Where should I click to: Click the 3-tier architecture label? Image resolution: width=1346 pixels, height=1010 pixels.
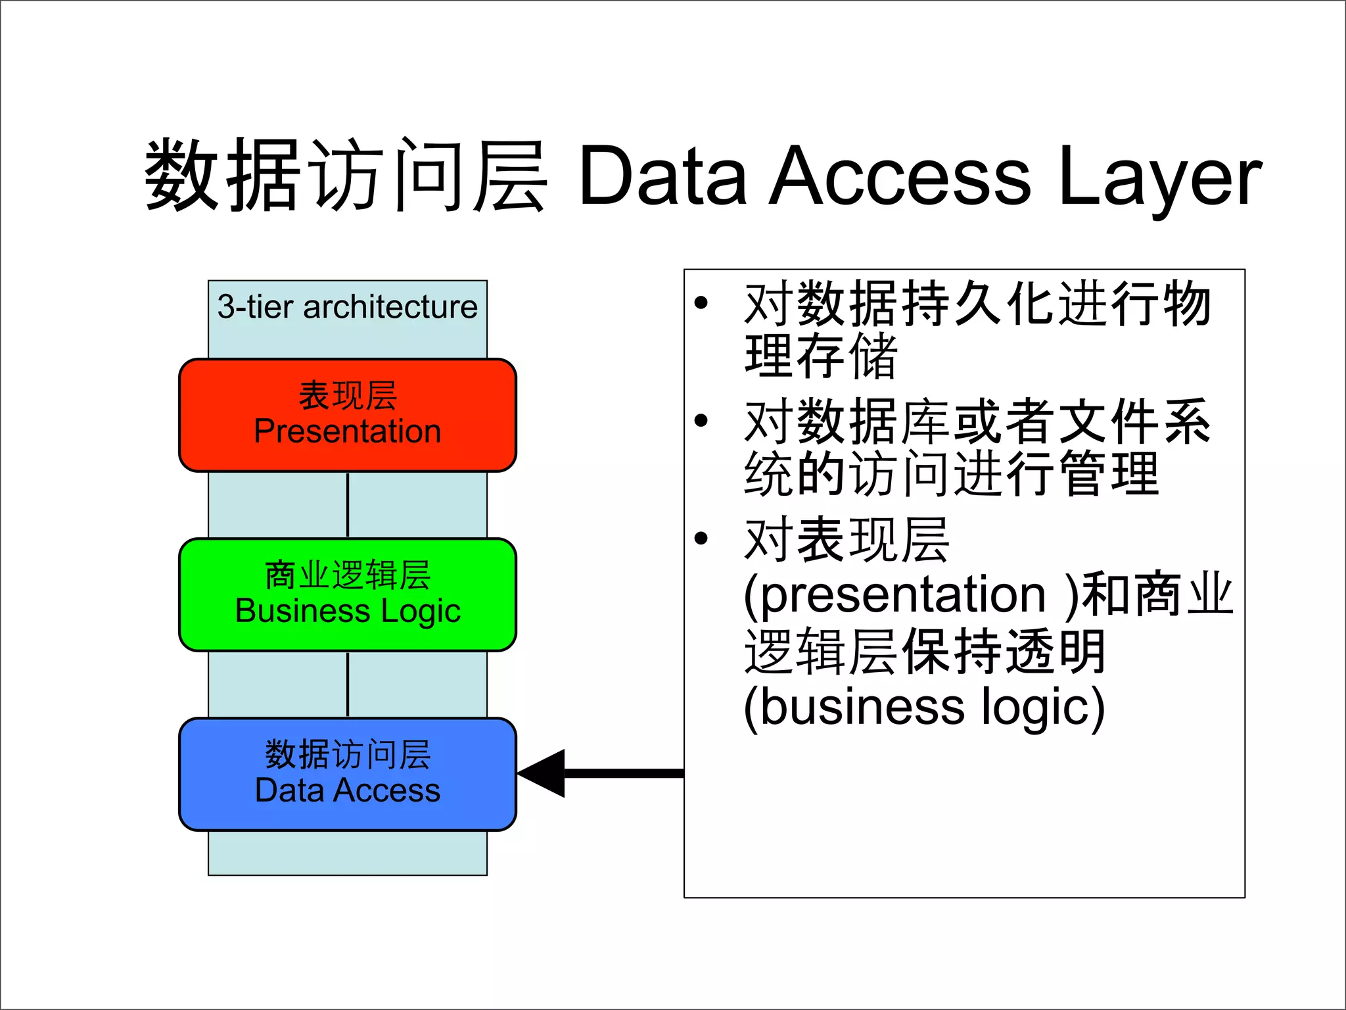pos(347,307)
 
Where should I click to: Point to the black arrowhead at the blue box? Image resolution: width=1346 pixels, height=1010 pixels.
pos(543,773)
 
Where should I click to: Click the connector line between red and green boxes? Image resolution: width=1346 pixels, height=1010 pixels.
pos(348,505)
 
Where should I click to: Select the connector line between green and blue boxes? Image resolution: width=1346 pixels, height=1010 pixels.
pos(348,684)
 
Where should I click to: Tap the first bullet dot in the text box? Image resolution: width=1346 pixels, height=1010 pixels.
pos(701,303)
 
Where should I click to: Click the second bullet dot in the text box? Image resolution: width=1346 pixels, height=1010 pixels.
pos(701,421)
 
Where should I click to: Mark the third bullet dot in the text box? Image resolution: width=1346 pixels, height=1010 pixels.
pos(701,539)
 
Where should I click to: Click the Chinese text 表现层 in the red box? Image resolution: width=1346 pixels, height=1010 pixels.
pos(347,396)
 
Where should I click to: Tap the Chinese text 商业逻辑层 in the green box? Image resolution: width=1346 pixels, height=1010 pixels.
pos(347,575)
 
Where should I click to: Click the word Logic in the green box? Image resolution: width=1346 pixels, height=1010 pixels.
pos(421,612)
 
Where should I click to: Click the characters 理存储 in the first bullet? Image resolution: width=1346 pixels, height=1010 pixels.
pos(820,356)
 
